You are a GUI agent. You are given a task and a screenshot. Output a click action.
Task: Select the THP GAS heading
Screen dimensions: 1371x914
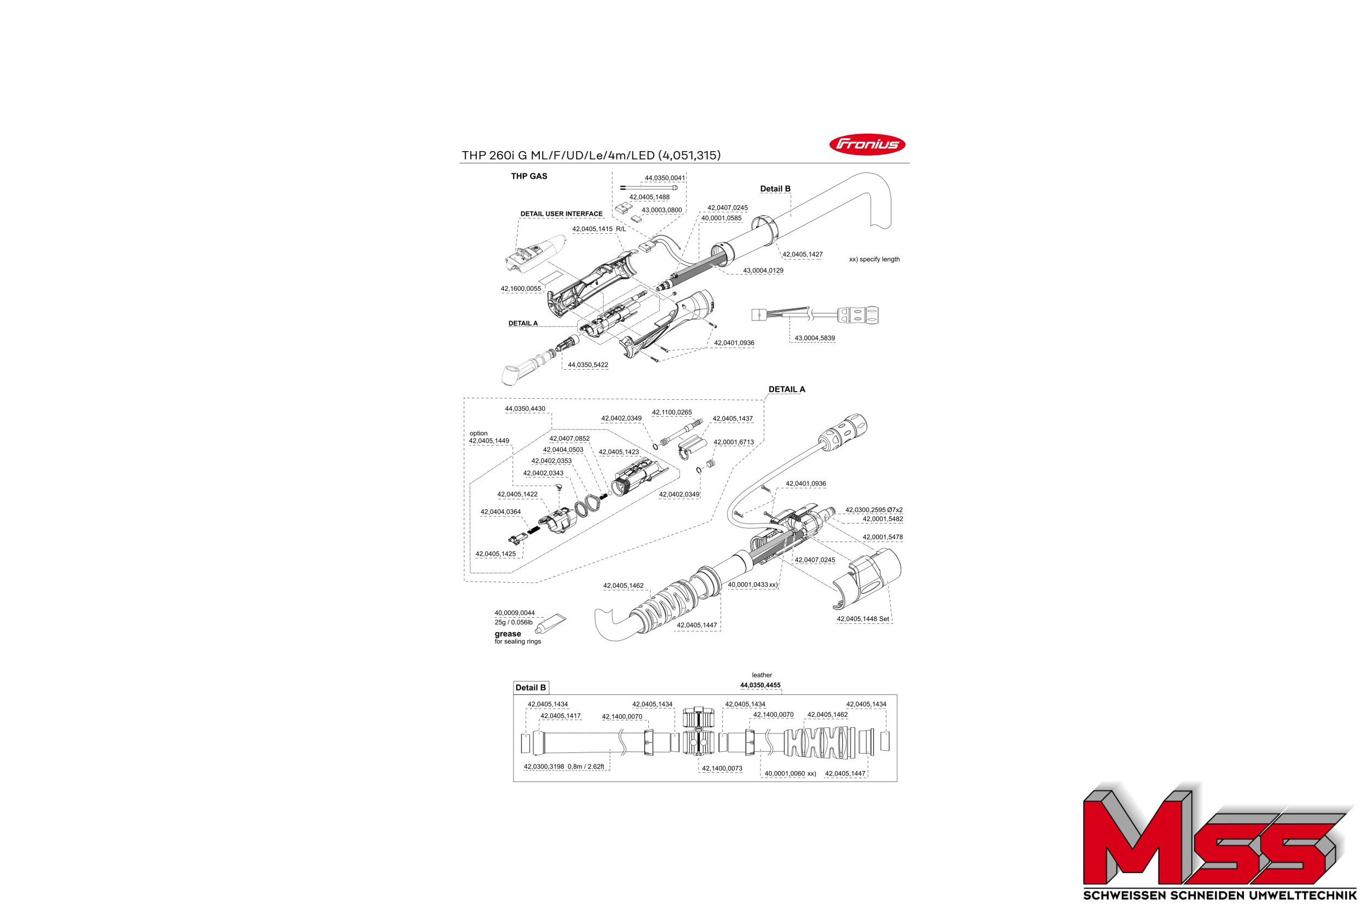coord(529,176)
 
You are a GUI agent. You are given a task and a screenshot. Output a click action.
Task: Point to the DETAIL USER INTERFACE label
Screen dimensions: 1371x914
coord(562,214)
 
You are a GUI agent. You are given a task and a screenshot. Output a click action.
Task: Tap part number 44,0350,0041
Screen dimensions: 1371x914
coord(665,178)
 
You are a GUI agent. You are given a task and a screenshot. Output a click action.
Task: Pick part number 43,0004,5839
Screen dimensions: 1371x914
coord(815,337)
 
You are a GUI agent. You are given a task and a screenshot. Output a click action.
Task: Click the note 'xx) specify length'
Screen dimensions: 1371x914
coord(874,260)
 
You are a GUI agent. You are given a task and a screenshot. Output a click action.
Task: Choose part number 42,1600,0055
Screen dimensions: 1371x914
coord(521,289)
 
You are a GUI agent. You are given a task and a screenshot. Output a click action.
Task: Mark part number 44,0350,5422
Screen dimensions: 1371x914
coord(588,365)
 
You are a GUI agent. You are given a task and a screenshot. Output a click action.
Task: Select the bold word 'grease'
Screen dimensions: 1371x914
coord(508,634)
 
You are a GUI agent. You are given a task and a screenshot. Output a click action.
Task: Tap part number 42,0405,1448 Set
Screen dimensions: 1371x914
coord(863,619)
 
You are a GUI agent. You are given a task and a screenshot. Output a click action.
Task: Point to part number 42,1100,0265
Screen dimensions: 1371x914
coord(672,412)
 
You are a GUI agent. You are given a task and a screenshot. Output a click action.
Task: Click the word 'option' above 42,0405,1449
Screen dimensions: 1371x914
coord(479,433)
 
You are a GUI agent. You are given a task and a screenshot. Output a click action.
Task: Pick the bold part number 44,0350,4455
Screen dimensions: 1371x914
coord(761,685)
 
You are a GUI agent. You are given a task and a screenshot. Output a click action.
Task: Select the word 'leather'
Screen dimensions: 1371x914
coord(762,675)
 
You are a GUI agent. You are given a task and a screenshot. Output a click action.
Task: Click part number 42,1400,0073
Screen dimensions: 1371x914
coord(722,768)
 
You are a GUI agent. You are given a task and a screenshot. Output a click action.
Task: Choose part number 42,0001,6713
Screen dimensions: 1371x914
coord(734,442)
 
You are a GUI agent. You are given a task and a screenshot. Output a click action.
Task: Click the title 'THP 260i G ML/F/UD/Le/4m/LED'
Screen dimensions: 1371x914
coord(558,155)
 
